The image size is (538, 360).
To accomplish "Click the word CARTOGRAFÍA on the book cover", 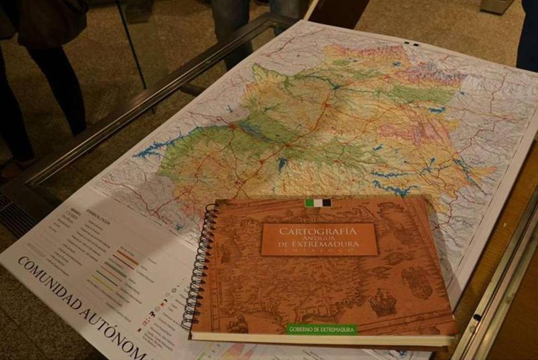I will coord(318,231).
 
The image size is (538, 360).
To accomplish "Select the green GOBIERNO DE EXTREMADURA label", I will coord(322,330).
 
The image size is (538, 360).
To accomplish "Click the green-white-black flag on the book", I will coord(318,203).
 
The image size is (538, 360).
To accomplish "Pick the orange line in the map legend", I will coord(128,257).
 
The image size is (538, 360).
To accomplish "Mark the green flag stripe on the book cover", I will coord(309,203).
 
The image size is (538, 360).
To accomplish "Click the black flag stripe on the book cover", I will coord(326,203).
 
